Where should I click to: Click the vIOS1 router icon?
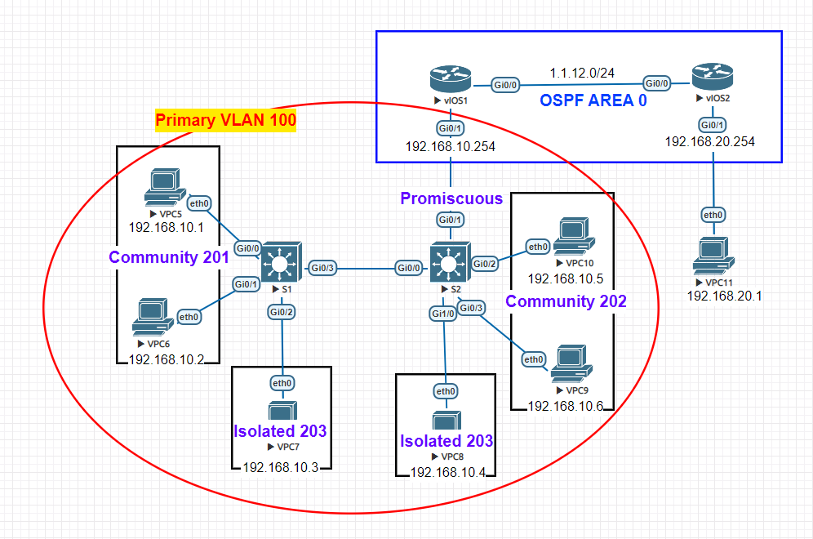tap(451, 81)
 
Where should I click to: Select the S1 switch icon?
tap(282, 262)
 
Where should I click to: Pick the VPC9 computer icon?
tap(571, 363)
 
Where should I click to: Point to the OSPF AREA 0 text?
tap(594, 101)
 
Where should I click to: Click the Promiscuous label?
tap(451, 198)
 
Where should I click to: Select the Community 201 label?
tap(170, 257)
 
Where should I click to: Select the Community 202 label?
tap(566, 301)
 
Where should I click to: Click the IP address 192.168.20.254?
tap(709, 141)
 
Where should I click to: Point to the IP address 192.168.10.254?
tap(451, 147)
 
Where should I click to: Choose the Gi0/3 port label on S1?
tap(323, 267)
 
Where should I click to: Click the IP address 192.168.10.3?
tap(280, 466)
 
